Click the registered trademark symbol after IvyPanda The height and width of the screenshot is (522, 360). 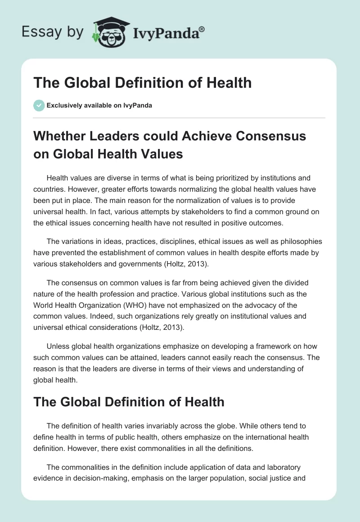202,29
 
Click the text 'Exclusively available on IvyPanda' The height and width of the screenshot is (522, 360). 99,105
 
